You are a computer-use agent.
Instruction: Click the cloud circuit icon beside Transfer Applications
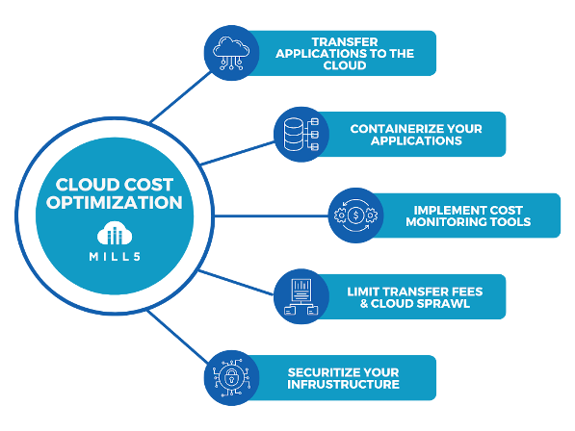[231, 53]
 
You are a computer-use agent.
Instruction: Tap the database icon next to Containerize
[301, 135]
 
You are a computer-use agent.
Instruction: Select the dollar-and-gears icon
[355, 215]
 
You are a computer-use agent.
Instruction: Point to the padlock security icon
[231, 377]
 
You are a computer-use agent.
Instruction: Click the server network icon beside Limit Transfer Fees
[301, 296]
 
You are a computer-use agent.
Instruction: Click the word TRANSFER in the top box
[345, 41]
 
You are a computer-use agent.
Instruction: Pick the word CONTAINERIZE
[390, 129]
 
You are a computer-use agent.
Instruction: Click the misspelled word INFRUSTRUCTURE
[343, 384]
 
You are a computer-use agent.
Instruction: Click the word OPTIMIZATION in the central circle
[115, 202]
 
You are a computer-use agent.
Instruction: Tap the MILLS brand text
[115, 256]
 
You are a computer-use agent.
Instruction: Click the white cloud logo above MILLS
[115, 233]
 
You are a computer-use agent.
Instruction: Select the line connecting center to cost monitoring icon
[271, 215]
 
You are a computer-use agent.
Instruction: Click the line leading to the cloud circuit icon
[181, 97]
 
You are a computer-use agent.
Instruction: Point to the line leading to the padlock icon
[177, 337]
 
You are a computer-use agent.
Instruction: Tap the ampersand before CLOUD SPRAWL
[364, 303]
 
